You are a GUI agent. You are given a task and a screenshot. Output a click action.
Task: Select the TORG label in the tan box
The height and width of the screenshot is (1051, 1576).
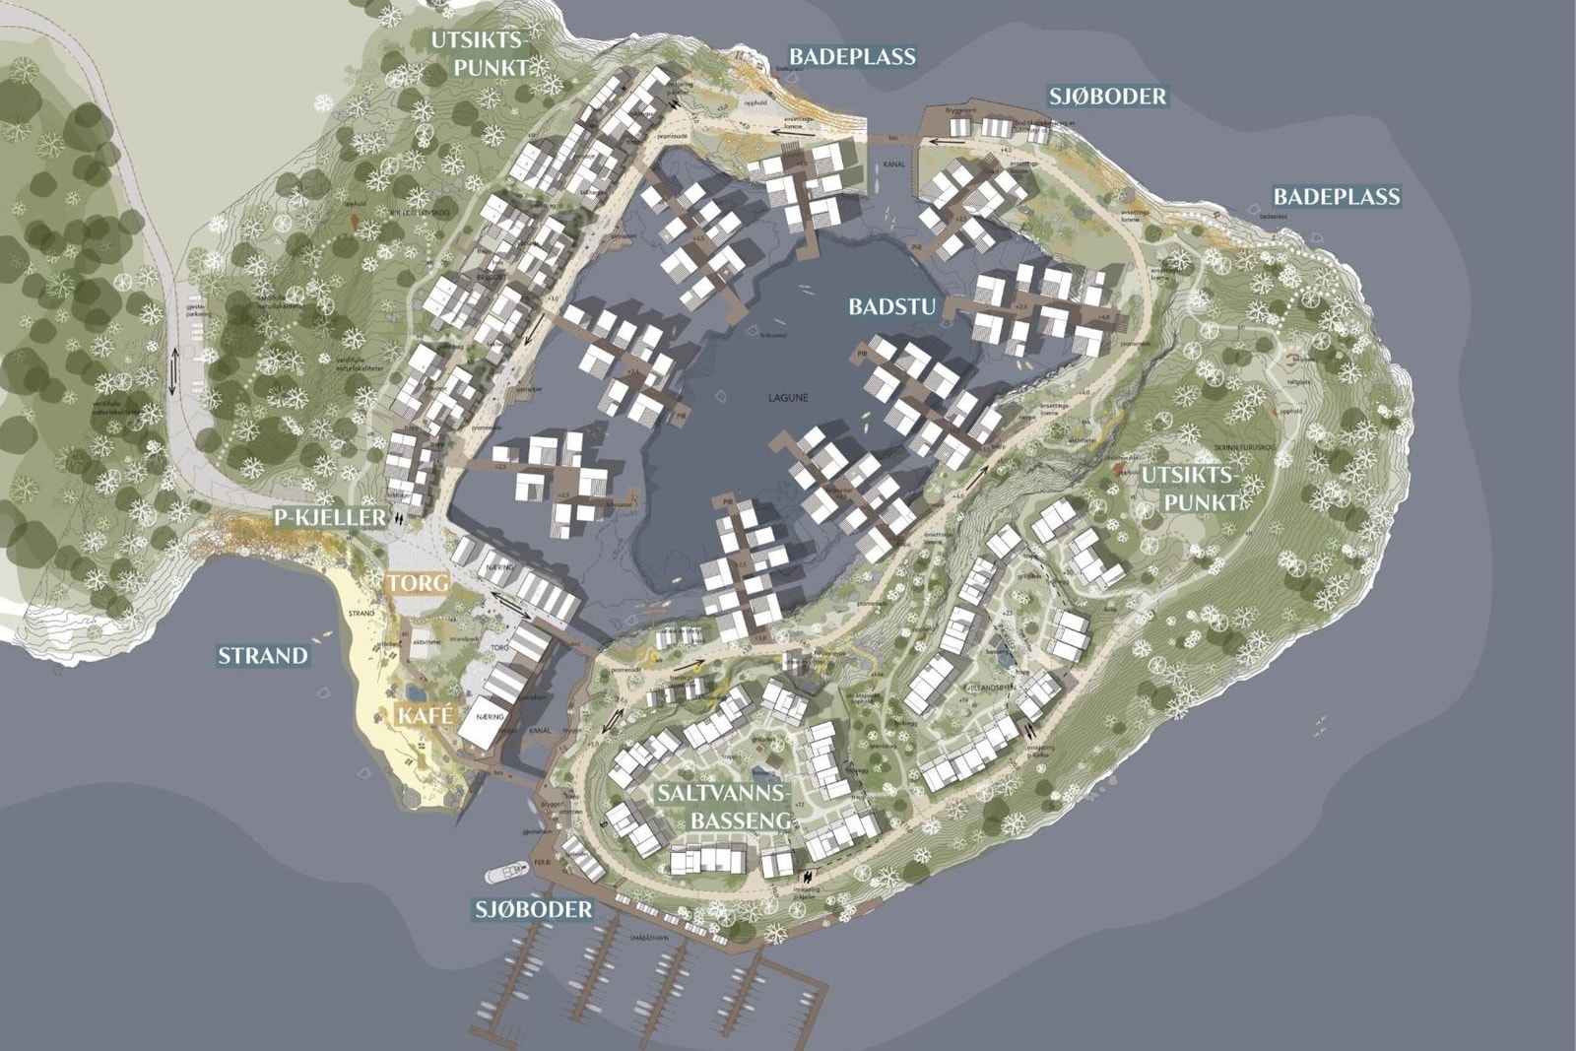point(417,583)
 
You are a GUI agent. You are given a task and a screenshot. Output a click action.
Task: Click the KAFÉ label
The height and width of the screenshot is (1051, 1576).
point(426,716)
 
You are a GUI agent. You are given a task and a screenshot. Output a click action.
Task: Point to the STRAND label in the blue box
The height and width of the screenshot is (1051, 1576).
point(263,655)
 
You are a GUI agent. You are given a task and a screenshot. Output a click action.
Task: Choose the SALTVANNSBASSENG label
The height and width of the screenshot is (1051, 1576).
point(725,807)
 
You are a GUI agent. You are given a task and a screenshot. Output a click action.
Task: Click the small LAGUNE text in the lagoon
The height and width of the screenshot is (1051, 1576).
point(788,398)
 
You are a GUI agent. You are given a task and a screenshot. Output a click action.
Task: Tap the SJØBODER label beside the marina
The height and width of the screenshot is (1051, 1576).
point(534,909)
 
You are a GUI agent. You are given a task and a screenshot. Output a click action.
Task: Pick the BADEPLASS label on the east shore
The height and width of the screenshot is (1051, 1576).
point(1337,196)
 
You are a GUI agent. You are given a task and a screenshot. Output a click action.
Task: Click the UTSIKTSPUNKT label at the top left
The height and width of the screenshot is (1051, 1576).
point(480,53)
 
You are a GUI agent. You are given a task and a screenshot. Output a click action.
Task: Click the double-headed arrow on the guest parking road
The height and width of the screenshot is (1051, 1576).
point(174,373)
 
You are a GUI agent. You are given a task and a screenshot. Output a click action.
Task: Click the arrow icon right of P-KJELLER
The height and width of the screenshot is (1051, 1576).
point(399,516)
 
